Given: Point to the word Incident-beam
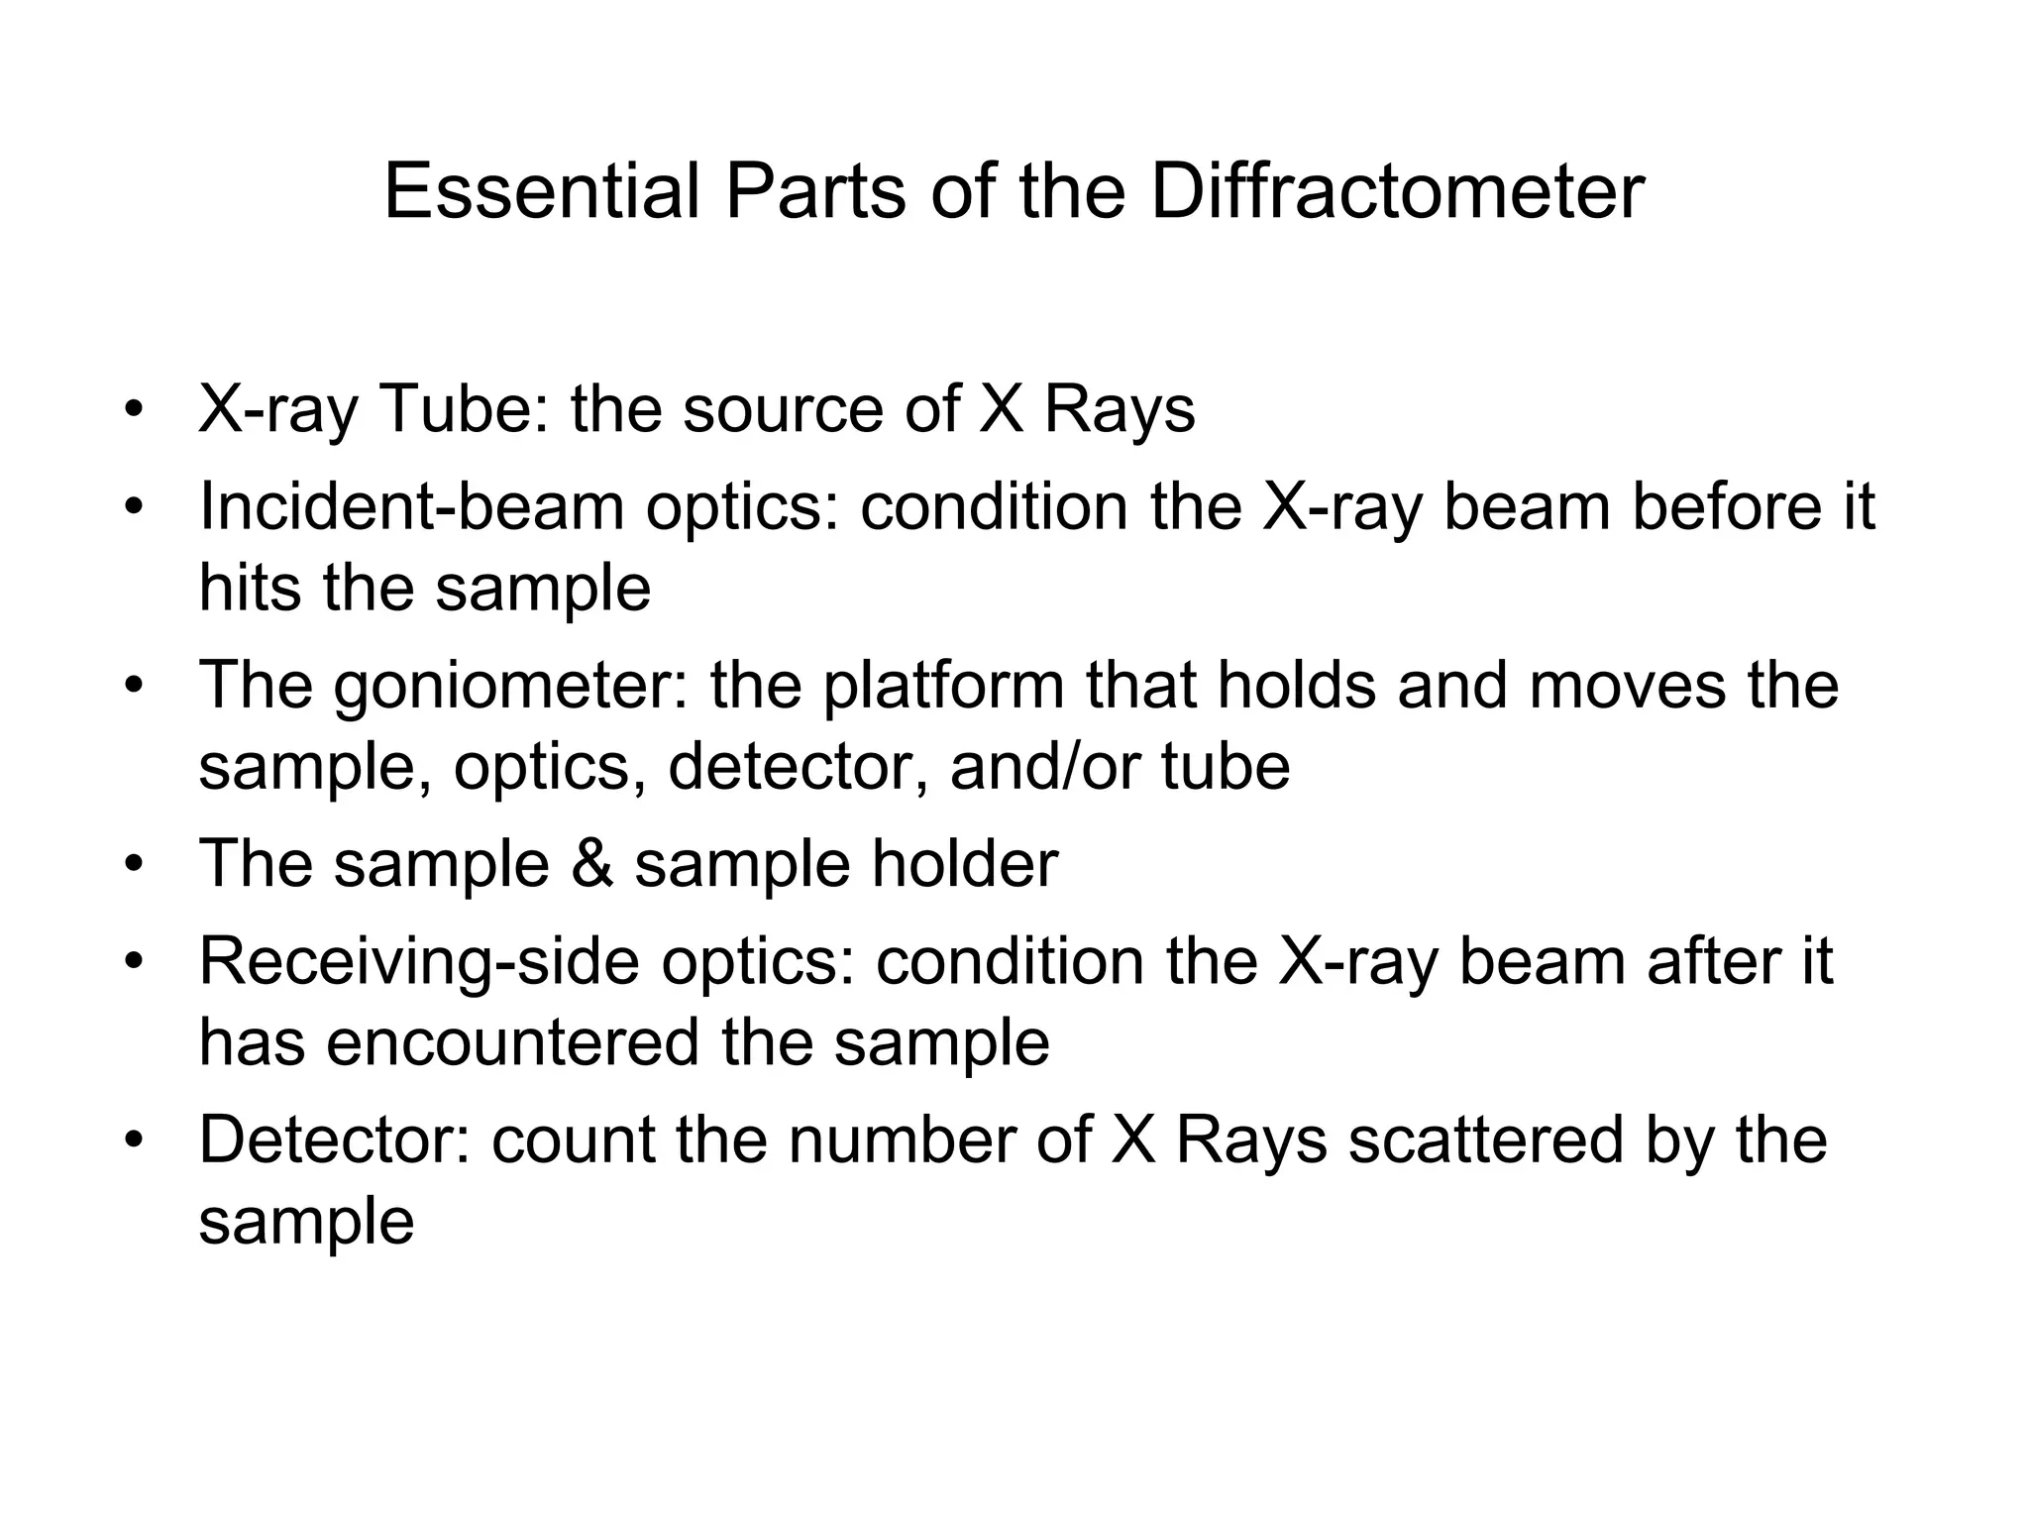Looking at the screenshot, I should pos(411,506).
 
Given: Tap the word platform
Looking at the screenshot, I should pos(943,687).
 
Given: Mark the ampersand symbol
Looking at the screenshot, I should pos(591,863).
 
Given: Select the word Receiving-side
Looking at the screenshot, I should pos(419,962).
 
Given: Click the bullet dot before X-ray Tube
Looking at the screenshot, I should pos(134,410).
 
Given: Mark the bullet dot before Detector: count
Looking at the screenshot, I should pos(134,1141).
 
